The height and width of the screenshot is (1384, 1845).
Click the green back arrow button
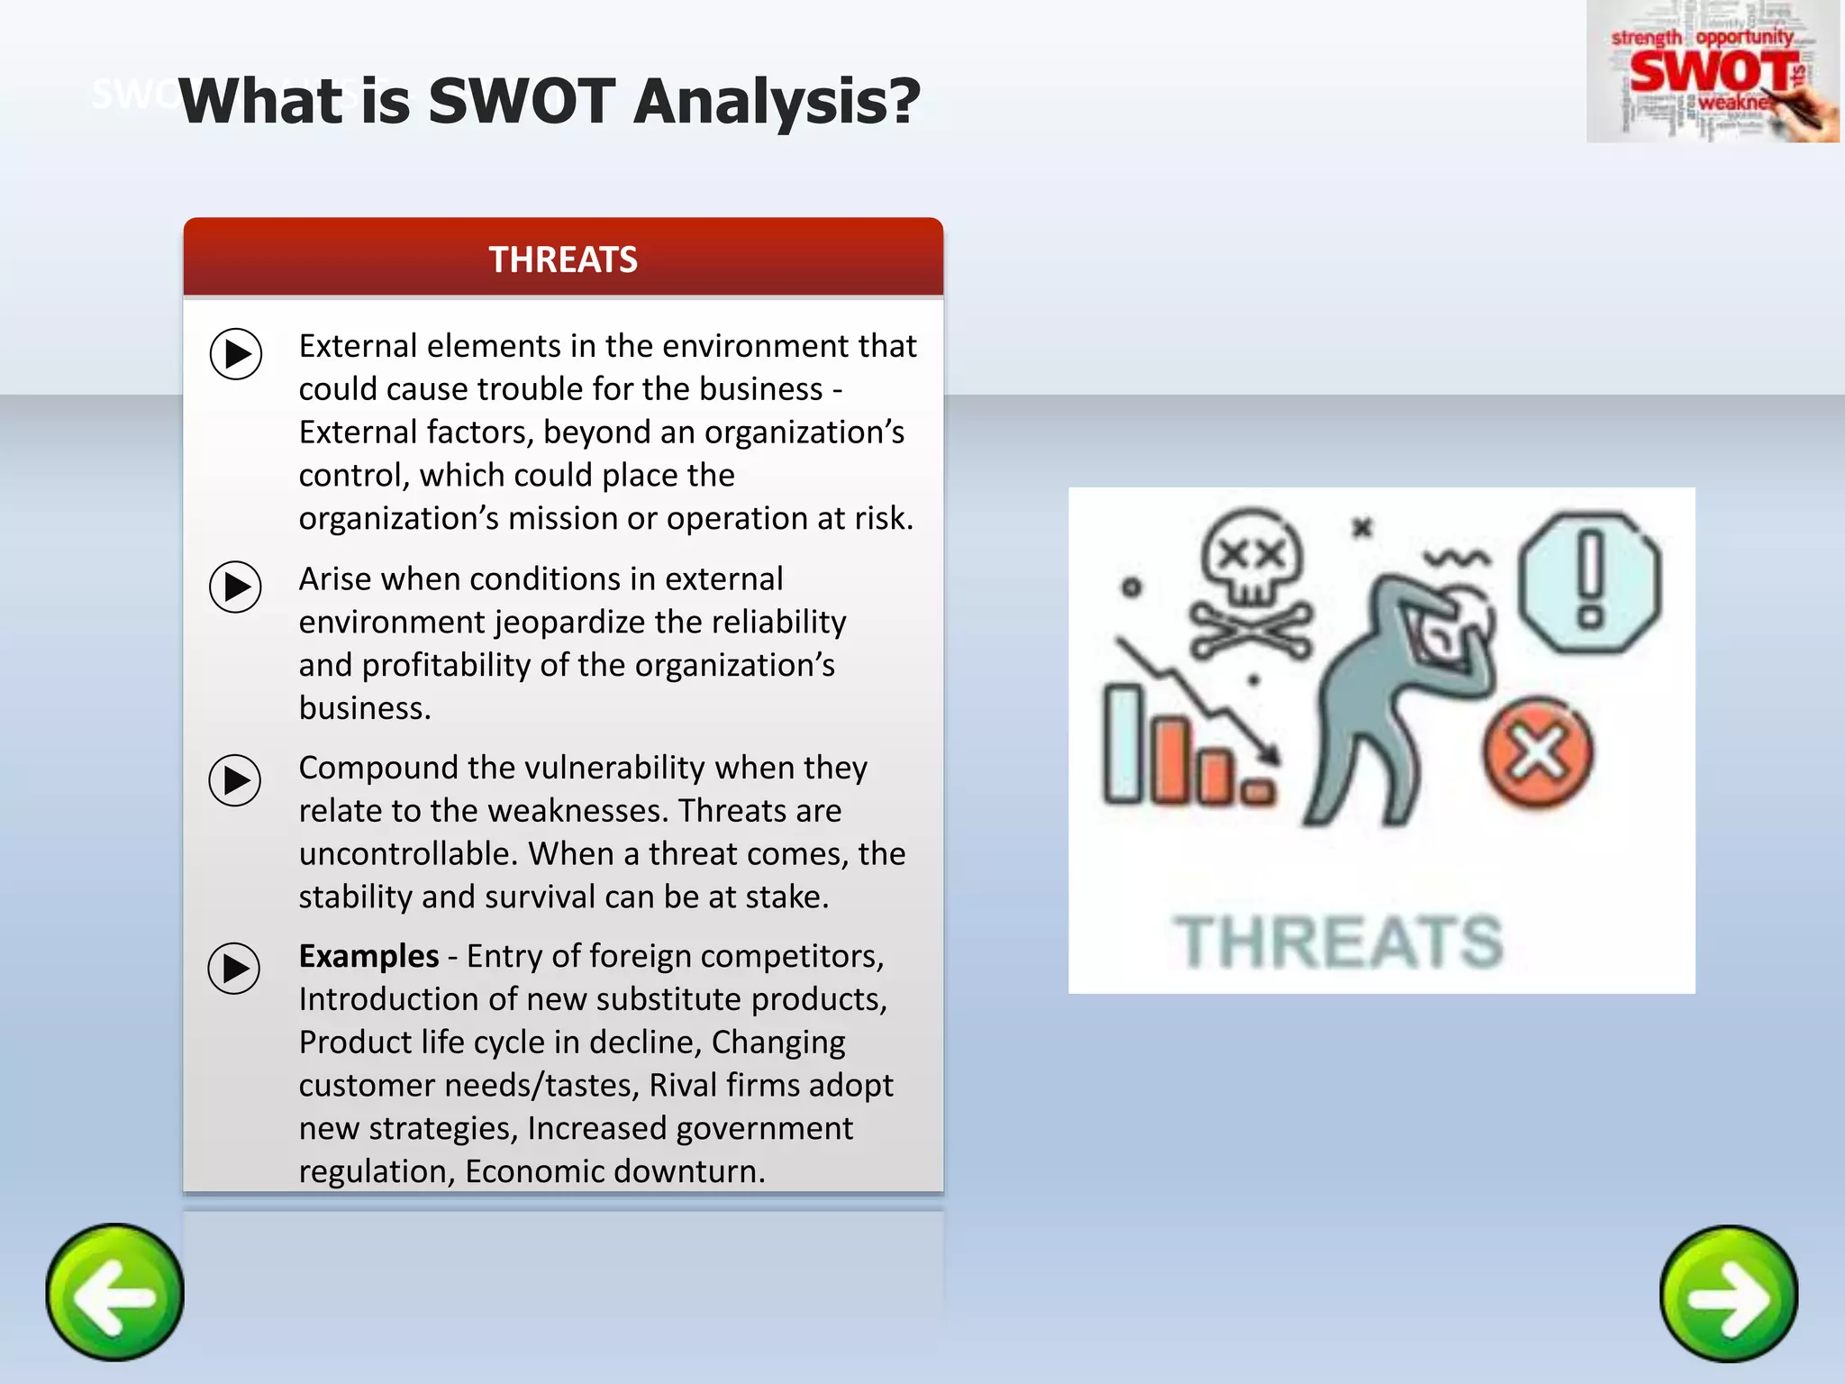(114, 1292)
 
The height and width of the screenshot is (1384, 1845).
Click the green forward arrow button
(1729, 1294)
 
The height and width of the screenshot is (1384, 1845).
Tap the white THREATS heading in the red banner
(563, 259)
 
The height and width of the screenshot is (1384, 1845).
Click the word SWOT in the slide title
(522, 101)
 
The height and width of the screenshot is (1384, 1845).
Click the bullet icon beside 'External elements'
(236, 353)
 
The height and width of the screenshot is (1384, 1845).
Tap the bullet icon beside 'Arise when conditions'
(236, 587)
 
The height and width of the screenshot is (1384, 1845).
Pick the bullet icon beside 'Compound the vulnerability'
(235, 779)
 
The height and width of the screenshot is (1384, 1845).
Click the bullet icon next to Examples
(234, 969)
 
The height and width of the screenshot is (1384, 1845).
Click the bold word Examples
(368, 956)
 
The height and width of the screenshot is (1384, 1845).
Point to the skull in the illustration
(1252, 559)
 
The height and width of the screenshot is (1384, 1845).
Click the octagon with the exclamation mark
(1590, 582)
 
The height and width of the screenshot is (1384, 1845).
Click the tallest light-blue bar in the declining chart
(1123, 743)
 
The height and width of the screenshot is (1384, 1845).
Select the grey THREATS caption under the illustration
(1338, 942)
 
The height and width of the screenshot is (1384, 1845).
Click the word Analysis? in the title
(777, 101)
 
